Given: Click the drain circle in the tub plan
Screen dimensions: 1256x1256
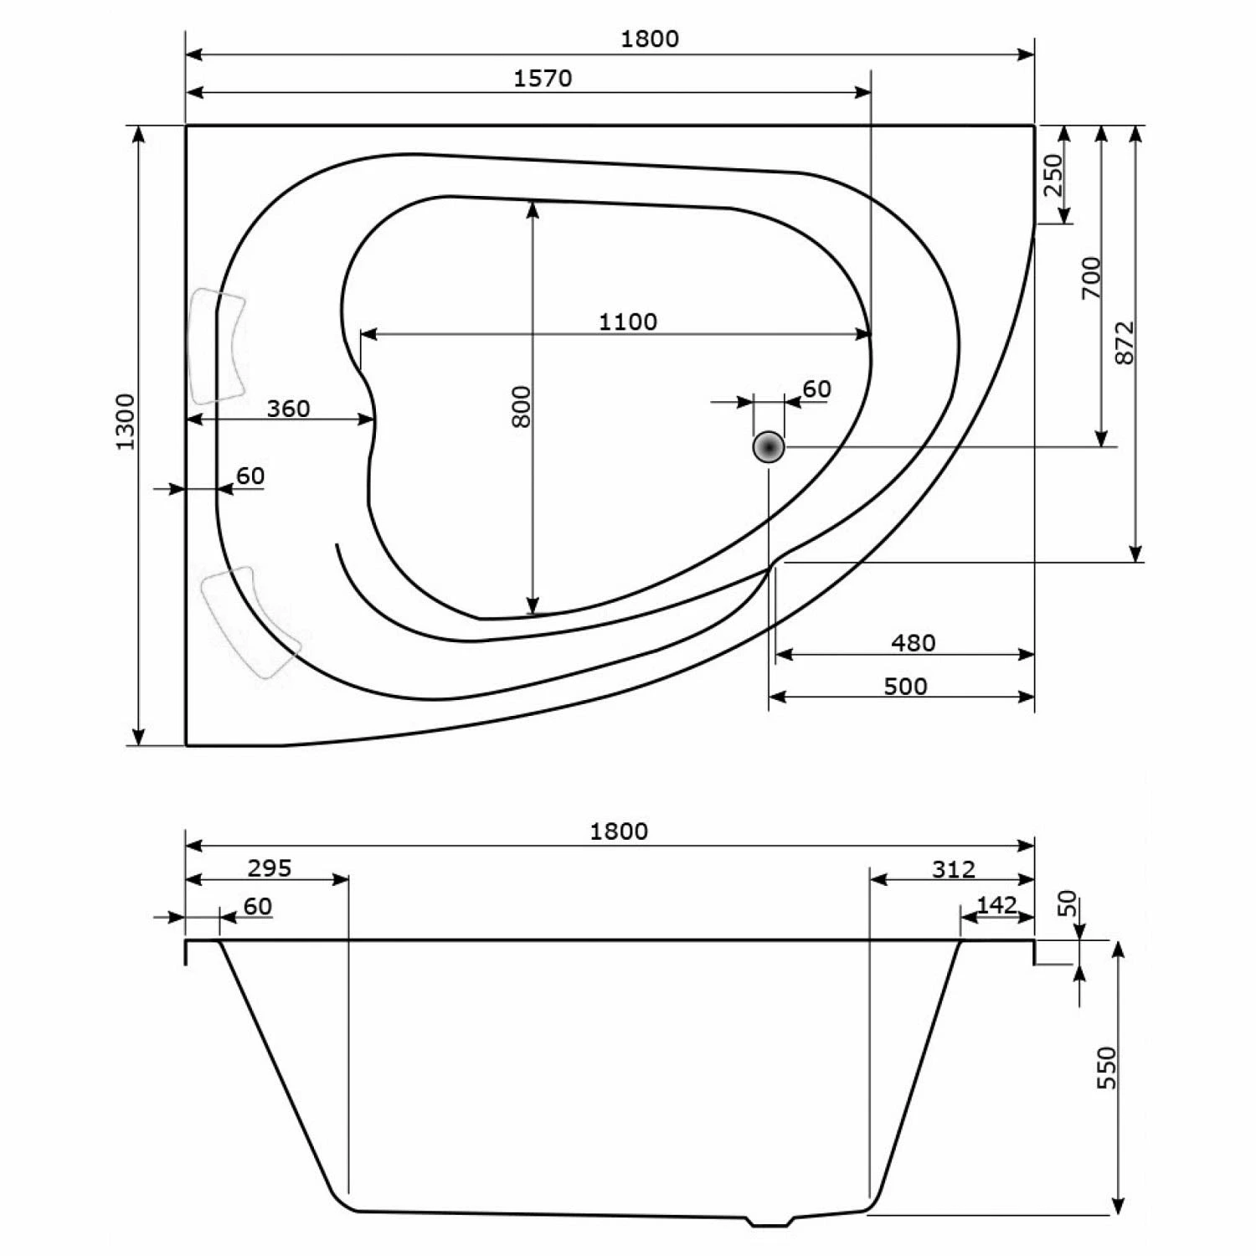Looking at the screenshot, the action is (769, 447).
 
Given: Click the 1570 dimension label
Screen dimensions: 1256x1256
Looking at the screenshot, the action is (543, 78).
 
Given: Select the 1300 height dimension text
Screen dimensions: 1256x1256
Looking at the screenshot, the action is (125, 421).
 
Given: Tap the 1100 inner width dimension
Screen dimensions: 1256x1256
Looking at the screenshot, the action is (628, 322).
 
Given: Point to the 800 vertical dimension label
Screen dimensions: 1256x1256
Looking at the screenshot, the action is (521, 407).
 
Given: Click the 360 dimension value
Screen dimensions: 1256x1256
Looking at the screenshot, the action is (288, 409).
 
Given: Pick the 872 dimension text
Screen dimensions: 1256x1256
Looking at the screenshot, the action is (1125, 342).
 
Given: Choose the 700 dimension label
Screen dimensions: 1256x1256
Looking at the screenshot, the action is (1091, 278).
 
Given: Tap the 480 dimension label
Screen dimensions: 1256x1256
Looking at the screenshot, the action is (913, 642).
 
